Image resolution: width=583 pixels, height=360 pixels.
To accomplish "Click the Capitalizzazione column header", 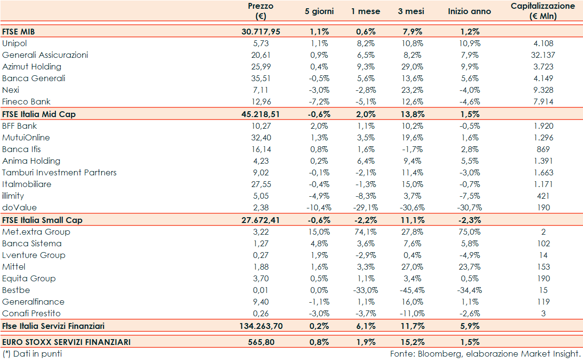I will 543,11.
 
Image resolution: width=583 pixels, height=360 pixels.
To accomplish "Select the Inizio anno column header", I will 469,11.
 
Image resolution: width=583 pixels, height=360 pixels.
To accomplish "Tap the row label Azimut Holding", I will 32,67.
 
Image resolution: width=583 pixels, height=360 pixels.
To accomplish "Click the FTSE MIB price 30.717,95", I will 261,32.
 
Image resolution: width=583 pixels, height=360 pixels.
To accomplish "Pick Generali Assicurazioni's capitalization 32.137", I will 543,55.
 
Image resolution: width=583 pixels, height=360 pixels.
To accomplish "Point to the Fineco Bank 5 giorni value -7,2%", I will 319,102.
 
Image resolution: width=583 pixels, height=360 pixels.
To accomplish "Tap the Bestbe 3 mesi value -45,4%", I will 411,290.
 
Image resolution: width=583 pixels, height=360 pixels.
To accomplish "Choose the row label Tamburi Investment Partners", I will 59,172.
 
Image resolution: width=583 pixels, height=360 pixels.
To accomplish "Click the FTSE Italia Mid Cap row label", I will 39,114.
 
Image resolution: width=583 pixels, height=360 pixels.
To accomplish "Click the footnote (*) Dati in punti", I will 32,354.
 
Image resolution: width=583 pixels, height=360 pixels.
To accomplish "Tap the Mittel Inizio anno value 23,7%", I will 469,267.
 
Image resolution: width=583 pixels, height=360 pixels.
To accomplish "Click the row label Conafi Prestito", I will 32,313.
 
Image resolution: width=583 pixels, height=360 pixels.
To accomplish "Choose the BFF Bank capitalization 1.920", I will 543,126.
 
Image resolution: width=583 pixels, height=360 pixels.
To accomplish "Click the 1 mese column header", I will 365,11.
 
